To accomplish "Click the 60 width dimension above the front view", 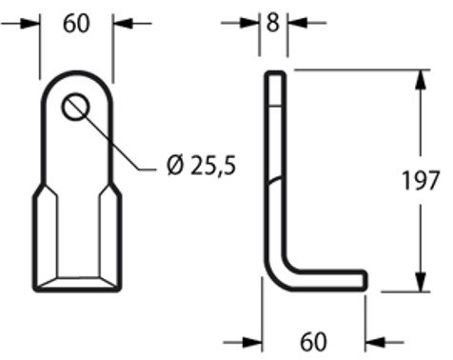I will (76, 24).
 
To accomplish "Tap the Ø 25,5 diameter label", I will (201, 168).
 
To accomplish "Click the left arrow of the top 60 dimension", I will (31, 24).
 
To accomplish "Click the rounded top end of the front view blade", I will (77, 73).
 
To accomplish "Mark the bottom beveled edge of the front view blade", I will (77, 283).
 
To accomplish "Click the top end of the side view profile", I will (274, 72).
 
